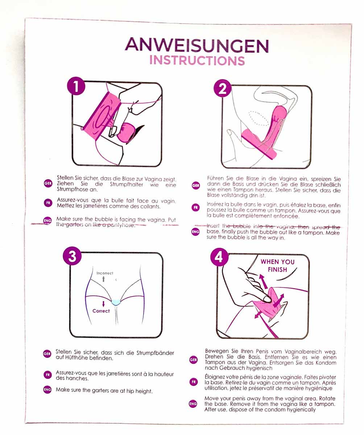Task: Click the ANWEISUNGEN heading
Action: (197, 45)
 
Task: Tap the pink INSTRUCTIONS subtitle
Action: (197, 61)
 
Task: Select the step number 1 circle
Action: (76, 86)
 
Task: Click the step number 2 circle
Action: (223, 88)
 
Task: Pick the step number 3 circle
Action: (72, 256)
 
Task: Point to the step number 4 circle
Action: (219, 257)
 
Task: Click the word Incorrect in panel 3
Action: (104, 273)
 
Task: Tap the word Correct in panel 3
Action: (101, 311)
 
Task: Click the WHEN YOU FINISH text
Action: (277, 266)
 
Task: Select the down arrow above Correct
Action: (103, 304)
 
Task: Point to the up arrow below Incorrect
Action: (104, 279)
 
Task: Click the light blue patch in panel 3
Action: (116, 302)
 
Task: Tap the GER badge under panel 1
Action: (48, 183)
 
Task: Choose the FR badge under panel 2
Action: (195, 207)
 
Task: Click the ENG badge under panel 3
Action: (47, 390)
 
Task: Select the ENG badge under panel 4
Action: (193, 404)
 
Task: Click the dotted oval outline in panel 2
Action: (258, 118)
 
